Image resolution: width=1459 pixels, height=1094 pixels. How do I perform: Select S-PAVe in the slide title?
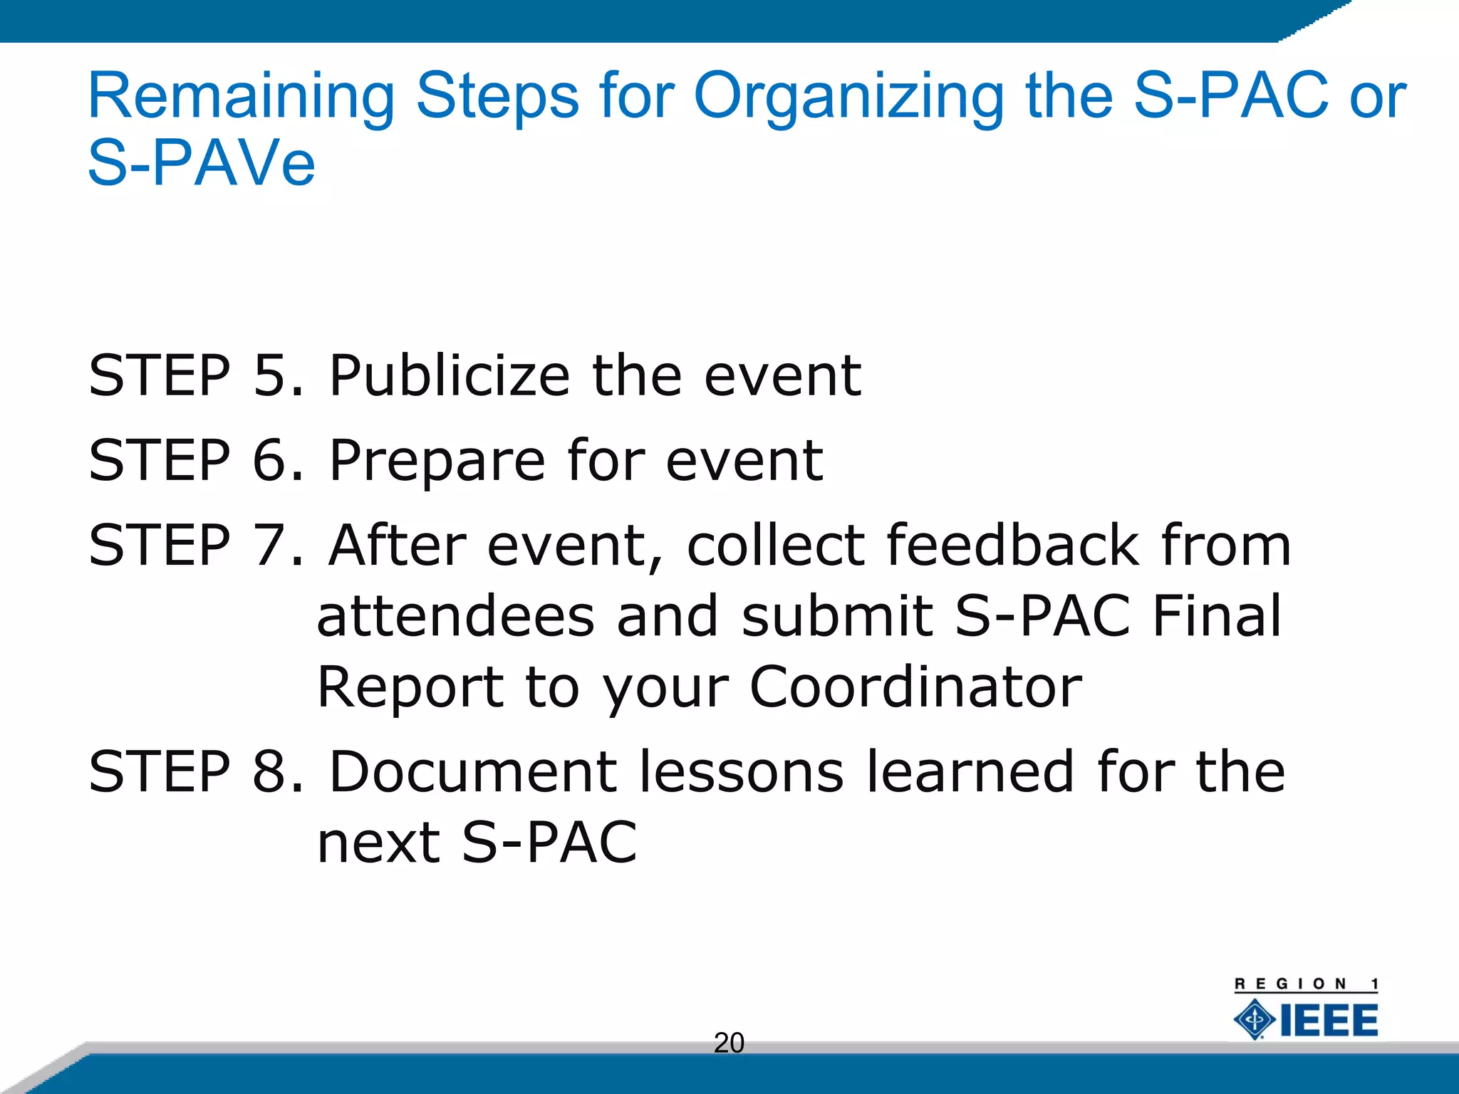(201, 163)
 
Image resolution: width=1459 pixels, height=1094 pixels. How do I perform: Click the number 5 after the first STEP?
(269, 375)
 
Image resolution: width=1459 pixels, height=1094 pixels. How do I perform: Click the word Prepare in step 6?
(437, 461)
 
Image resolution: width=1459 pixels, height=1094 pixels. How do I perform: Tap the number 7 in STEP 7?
(269, 546)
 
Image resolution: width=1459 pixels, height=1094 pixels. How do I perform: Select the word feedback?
(1012, 546)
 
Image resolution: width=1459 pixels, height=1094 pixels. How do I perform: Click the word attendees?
(455, 616)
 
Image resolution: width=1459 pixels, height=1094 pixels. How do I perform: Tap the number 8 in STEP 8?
(269, 772)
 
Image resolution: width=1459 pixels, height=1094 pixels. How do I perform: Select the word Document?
(473, 772)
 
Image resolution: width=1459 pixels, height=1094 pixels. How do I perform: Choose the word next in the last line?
(378, 843)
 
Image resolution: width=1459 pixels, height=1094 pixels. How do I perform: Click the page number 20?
(729, 1043)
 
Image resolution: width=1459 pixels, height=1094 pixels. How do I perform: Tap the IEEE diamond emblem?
(1255, 1019)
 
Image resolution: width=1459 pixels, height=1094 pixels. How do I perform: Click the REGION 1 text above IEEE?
(1306, 984)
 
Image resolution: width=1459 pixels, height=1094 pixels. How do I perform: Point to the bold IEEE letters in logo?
(1329, 1021)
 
